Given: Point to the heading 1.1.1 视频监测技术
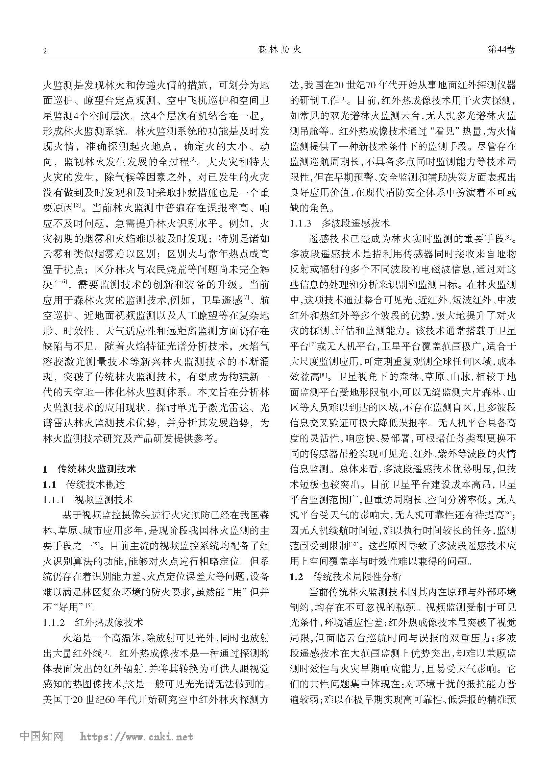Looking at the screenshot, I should point(88,500).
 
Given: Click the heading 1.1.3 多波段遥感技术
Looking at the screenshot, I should point(340,223).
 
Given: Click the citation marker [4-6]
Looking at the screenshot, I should point(62,282).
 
